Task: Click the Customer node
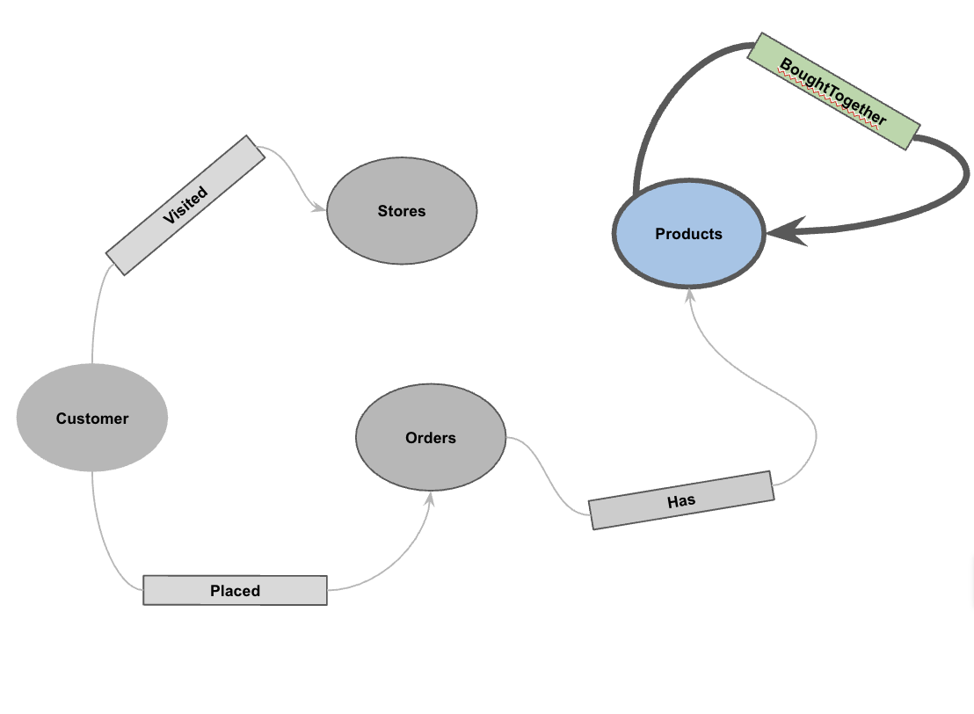pyautogui.click(x=92, y=440)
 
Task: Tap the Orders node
pyautogui.click(x=431, y=457)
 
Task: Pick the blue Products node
pyautogui.click(x=689, y=255)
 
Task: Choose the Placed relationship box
pyautogui.click(x=235, y=590)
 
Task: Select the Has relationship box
pyautogui.click(x=681, y=500)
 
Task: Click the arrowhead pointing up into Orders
pyautogui.click(x=431, y=499)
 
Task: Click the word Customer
pyautogui.click(x=92, y=419)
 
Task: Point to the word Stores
pyautogui.click(x=402, y=211)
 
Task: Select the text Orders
pyautogui.click(x=431, y=438)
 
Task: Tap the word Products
pyautogui.click(x=689, y=234)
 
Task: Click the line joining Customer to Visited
pyautogui.click(x=94, y=317)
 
